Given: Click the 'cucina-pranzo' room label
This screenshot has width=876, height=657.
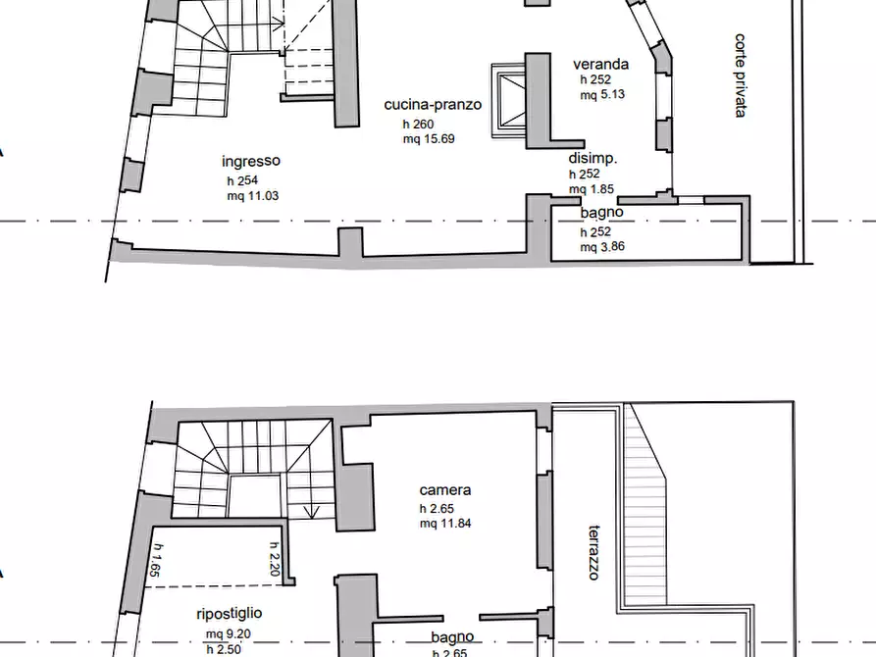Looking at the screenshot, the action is [x=433, y=105].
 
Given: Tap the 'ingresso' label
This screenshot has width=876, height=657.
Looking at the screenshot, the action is [x=251, y=162].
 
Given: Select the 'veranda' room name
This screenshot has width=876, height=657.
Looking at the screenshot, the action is [x=601, y=64].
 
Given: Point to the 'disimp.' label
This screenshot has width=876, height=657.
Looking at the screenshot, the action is [x=593, y=159].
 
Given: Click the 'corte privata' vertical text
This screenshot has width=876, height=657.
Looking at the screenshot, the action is [x=741, y=76].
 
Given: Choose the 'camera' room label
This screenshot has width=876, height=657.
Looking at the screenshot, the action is [x=445, y=490].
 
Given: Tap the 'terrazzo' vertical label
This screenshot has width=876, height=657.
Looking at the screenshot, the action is [x=595, y=552].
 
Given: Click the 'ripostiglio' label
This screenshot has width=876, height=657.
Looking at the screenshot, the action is [x=230, y=614].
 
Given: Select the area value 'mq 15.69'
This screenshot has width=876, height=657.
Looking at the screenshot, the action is [x=429, y=138].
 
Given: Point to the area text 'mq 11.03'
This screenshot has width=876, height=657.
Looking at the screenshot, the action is [x=252, y=195].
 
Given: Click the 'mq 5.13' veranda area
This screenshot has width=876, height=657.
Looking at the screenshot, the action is [x=602, y=94].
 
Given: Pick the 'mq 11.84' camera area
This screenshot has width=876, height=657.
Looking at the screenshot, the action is [x=445, y=524].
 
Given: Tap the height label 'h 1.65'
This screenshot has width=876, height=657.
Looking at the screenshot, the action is [x=156, y=560].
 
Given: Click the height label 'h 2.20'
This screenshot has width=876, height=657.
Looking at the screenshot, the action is [x=275, y=559].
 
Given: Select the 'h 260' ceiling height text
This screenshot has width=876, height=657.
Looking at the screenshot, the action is [x=419, y=124].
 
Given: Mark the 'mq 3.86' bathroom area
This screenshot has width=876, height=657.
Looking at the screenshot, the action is [x=602, y=246].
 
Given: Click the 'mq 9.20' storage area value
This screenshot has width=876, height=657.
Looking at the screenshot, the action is [x=228, y=634].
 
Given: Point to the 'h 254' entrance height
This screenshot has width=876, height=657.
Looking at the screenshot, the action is [x=242, y=180].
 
